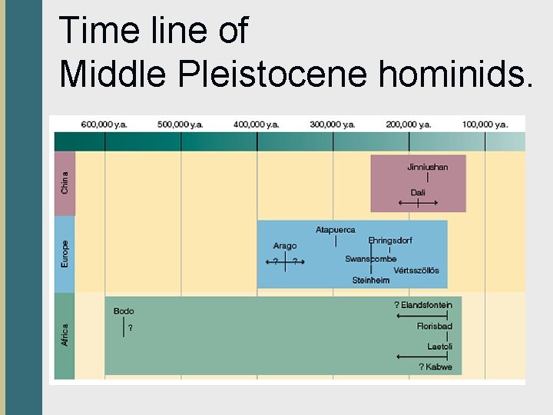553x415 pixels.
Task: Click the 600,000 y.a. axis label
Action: click(104, 124)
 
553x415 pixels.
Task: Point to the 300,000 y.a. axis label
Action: click(333, 124)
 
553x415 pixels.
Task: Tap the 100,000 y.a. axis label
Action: click(485, 124)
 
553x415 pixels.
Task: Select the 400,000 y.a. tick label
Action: click(257, 124)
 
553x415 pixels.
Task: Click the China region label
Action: click(65, 181)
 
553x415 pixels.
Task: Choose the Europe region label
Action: click(65, 254)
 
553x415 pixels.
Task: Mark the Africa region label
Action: click(65, 334)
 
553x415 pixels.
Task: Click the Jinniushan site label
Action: click(427, 167)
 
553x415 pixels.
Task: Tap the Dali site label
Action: click(418, 192)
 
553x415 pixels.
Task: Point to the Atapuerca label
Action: click(336, 230)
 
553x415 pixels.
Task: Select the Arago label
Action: click(284, 246)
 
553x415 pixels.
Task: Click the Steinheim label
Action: click(370, 281)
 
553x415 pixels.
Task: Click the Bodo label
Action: click(124, 311)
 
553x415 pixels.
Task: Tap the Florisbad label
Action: click(434, 326)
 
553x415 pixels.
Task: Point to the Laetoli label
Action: click(439, 347)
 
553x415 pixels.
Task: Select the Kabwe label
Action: click(435, 367)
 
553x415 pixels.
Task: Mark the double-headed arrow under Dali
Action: click(418, 203)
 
